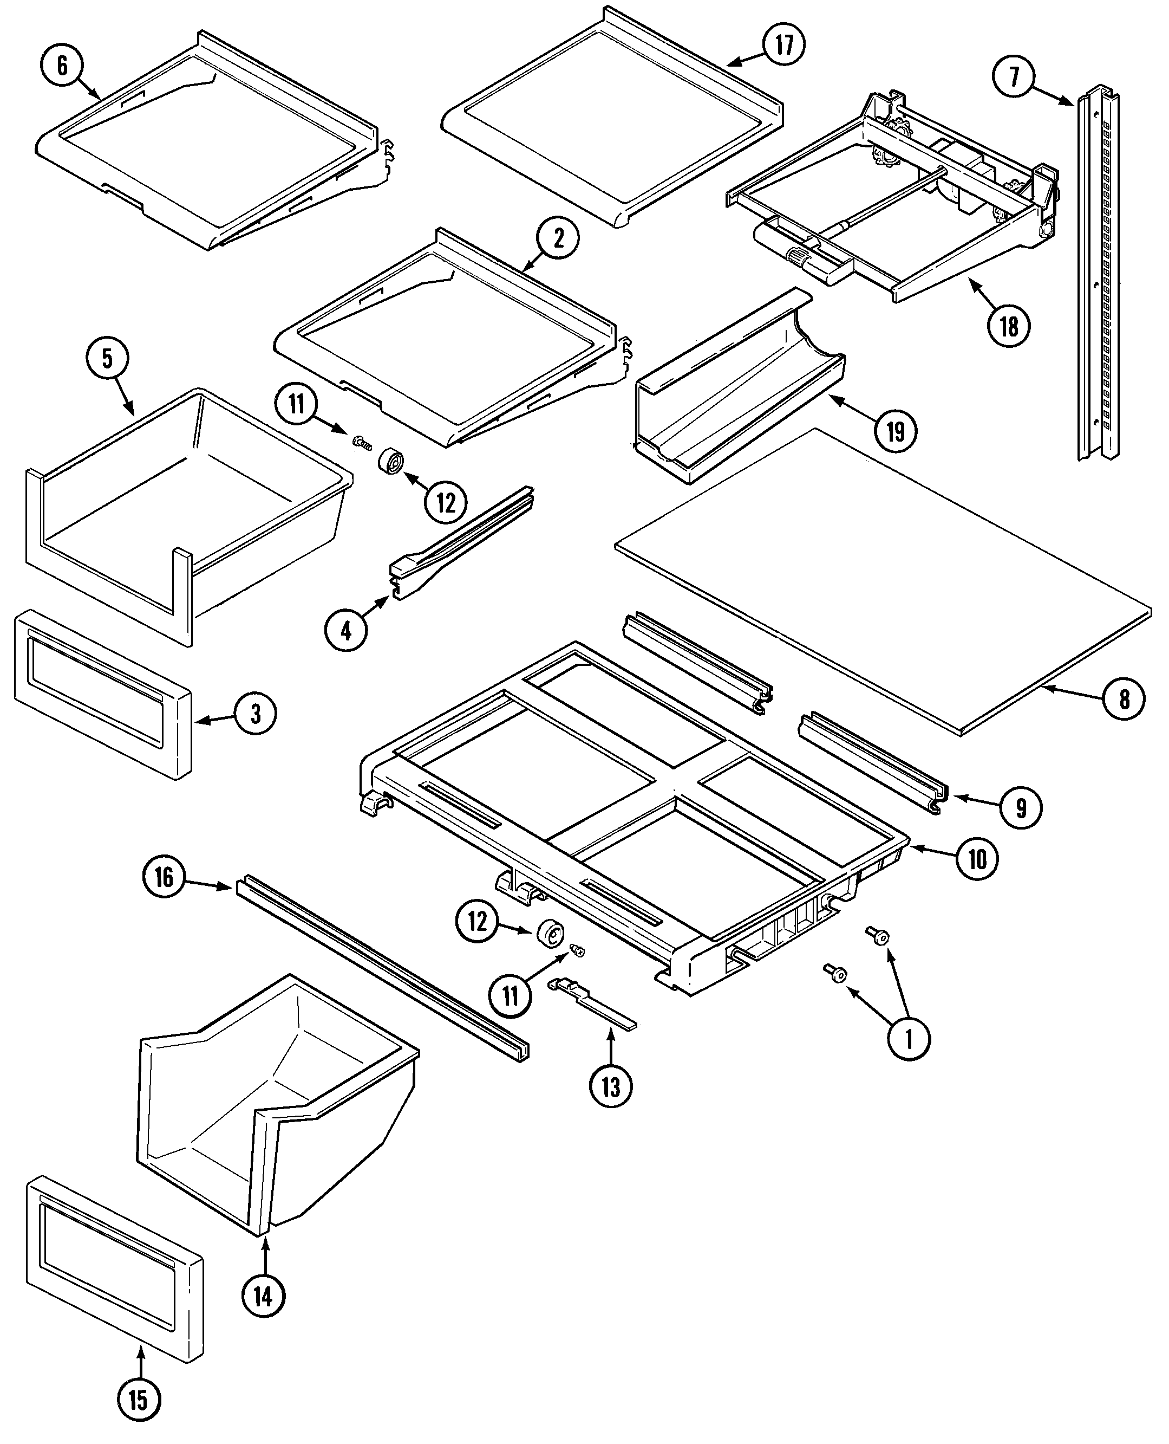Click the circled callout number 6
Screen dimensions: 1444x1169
coord(62,66)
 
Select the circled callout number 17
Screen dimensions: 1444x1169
coord(785,44)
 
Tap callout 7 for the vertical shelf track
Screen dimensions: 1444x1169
coord(1015,77)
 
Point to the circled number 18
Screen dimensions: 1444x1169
coord(1008,326)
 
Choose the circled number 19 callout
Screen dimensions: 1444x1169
coord(896,431)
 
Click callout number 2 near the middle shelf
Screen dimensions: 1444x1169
coord(558,238)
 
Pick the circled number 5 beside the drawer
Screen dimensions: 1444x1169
coord(108,359)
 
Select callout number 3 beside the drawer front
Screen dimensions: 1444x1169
coord(255,714)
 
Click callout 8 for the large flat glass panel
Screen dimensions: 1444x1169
coord(1124,700)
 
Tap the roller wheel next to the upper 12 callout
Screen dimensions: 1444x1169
coord(392,462)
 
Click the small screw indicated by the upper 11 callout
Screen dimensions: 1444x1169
coord(361,442)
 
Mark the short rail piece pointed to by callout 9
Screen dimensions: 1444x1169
coord(872,761)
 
